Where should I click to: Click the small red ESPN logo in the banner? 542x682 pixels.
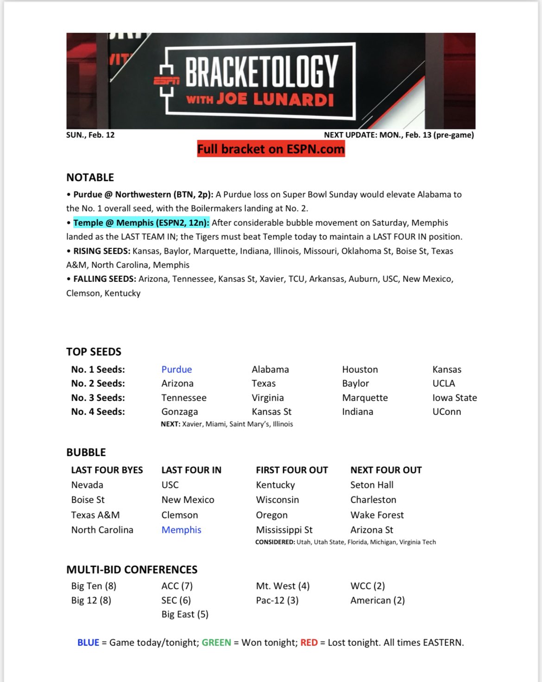click(x=166, y=80)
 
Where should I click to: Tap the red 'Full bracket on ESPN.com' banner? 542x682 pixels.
click(x=271, y=149)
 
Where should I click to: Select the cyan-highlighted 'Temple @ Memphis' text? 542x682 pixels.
click(x=141, y=223)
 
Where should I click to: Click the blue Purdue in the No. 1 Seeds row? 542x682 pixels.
click(x=176, y=370)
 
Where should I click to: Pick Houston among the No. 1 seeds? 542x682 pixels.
click(x=360, y=370)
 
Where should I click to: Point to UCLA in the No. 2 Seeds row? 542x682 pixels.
click(x=443, y=383)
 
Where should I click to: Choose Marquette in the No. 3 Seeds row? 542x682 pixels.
click(x=365, y=398)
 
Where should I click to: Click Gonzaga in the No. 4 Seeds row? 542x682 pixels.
click(x=179, y=412)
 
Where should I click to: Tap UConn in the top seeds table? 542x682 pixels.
click(x=447, y=412)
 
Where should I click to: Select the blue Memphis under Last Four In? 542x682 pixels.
click(x=181, y=530)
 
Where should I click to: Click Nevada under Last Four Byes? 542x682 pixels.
click(x=87, y=485)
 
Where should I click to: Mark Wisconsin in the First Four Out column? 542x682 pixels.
click(x=277, y=500)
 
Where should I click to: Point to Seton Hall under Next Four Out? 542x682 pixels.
click(x=372, y=485)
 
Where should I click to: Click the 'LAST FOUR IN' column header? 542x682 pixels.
click(x=191, y=470)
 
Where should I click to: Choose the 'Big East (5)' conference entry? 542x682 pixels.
click(x=185, y=614)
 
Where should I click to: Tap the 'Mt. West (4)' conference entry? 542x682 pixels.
click(x=283, y=586)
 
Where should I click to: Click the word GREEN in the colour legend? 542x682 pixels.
click(x=216, y=643)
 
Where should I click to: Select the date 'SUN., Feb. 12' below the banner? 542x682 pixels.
click(x=90, y=135)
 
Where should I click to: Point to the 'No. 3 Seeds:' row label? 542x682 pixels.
click(x=98, y=398)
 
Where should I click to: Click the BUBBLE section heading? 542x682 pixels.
click(x=86, y=453)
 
